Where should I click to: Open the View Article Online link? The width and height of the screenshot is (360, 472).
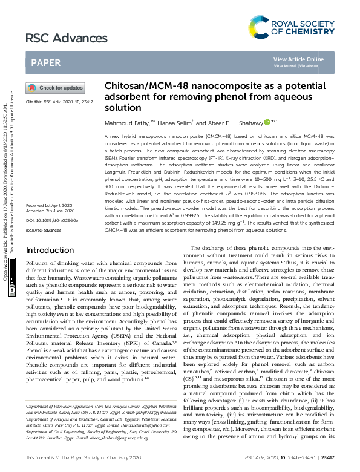298,59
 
